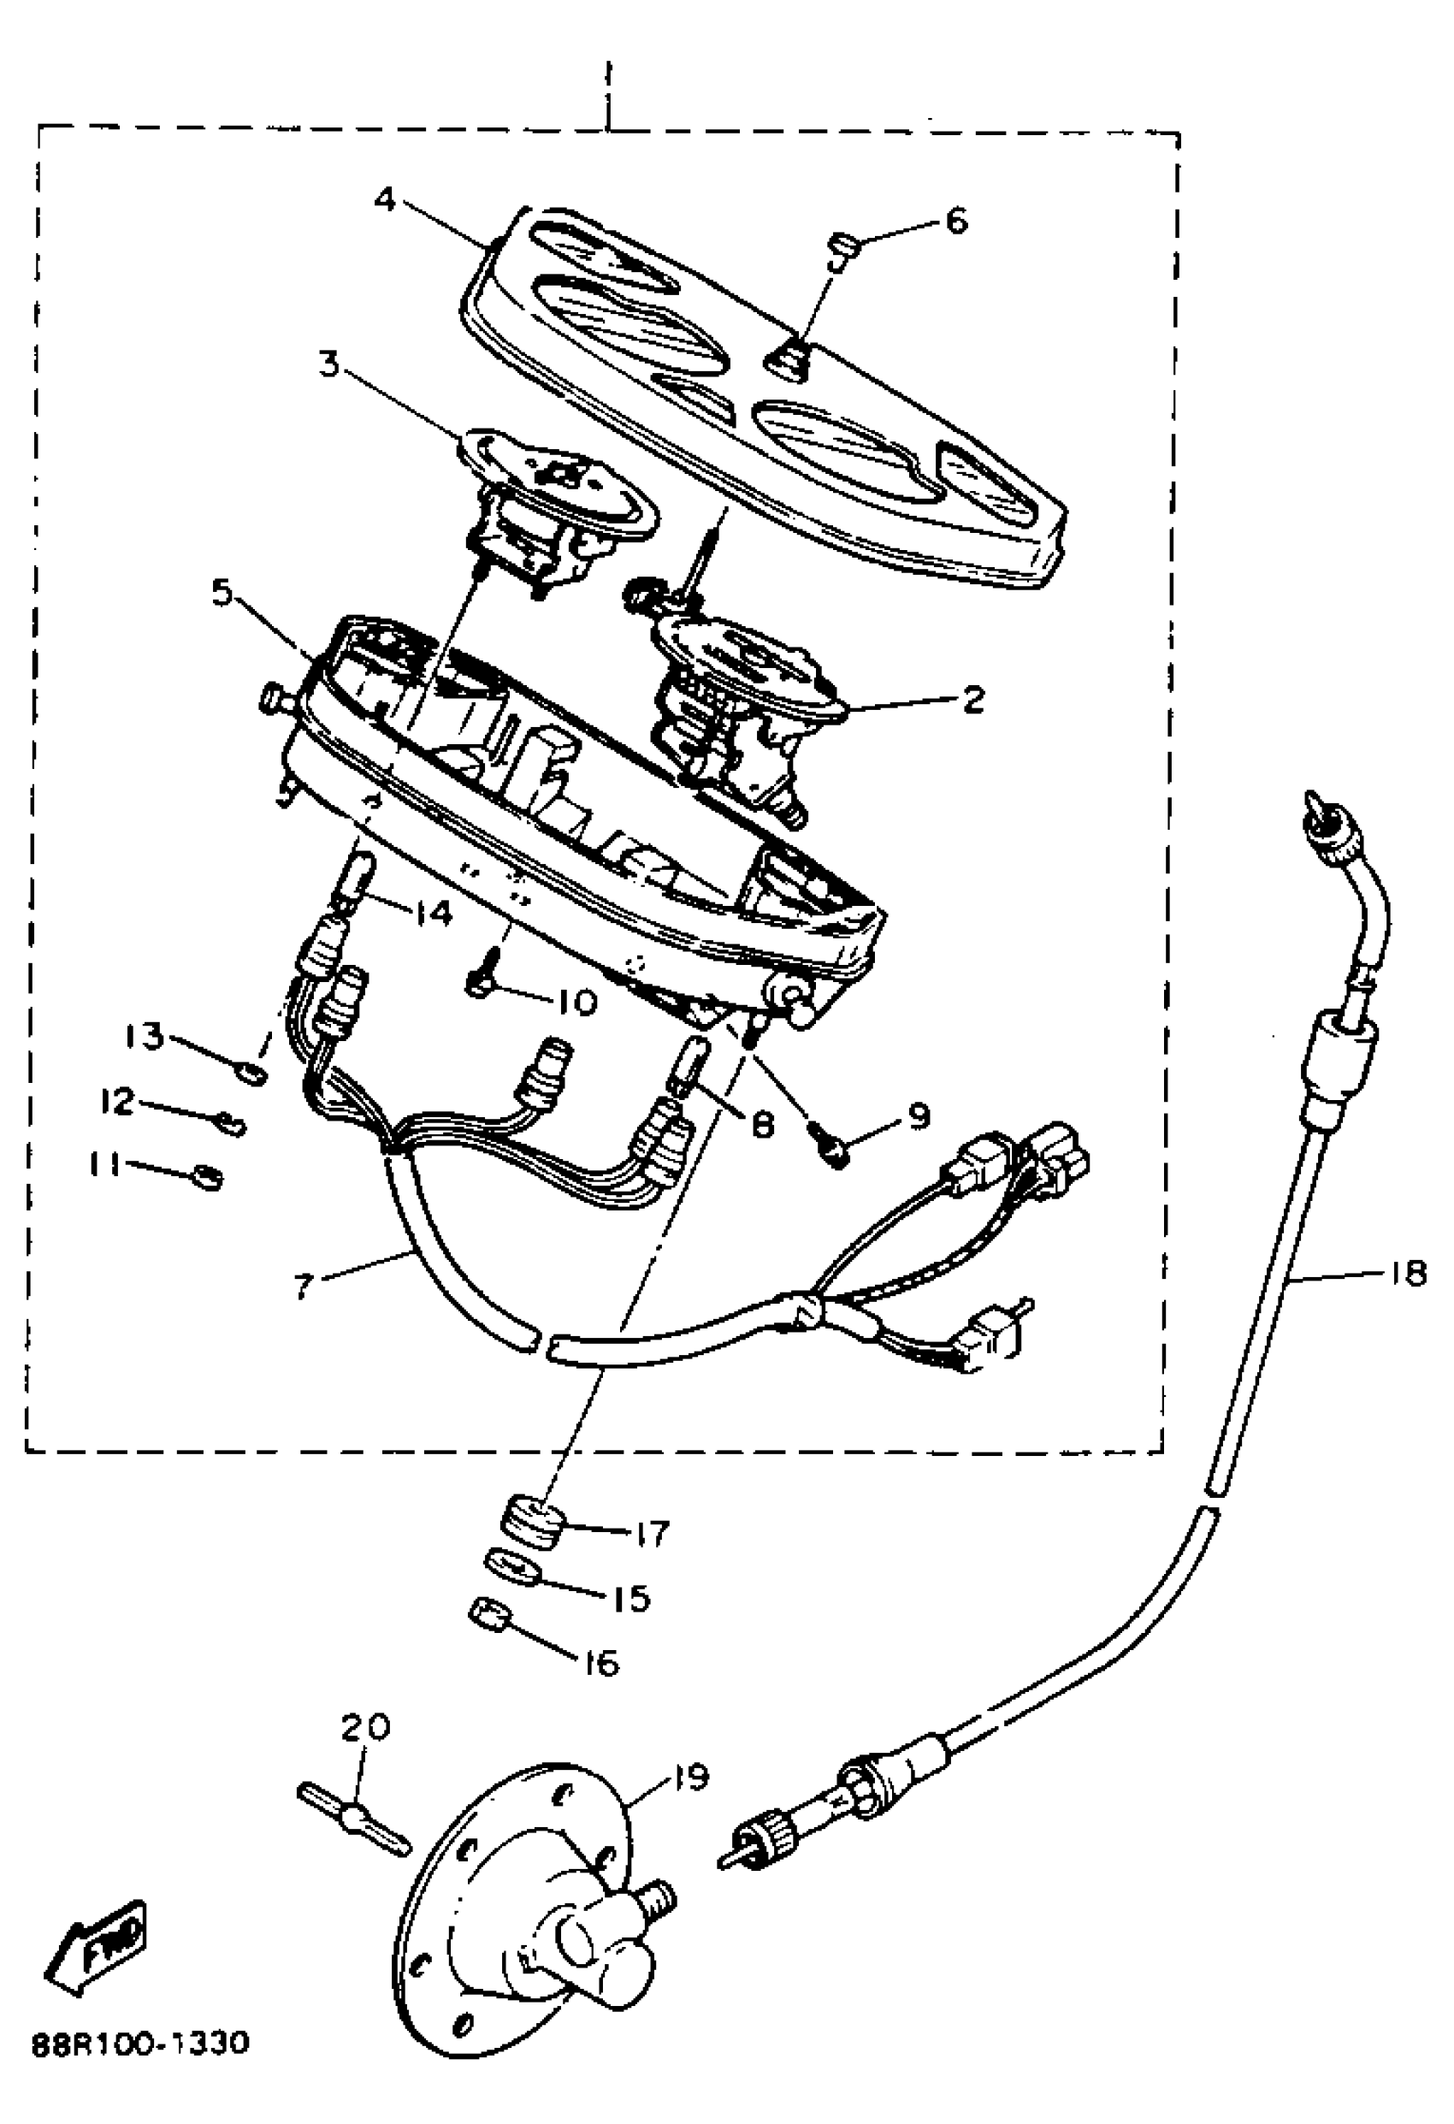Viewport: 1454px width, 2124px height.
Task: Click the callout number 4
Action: coord(386,198)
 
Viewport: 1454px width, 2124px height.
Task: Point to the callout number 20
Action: coord(365,1726)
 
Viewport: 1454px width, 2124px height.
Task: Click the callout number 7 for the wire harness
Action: coord(304,1287)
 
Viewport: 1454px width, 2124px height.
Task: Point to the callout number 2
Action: coord(972,700)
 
